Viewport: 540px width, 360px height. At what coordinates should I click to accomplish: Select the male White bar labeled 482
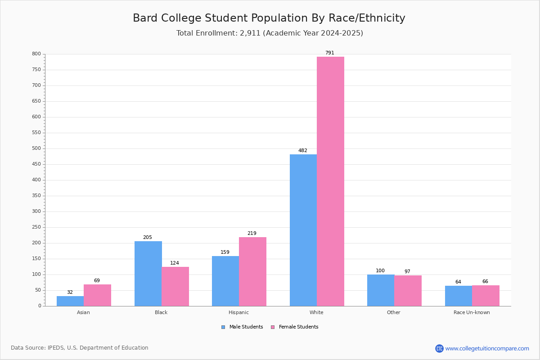pos(303,230)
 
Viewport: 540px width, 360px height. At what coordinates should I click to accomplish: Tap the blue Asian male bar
pos(70,301)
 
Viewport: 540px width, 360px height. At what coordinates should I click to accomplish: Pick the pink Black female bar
pos(175,286)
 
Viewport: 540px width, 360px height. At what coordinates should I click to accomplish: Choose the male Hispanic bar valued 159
pos(225,281)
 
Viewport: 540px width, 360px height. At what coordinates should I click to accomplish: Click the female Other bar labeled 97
pos(408,291)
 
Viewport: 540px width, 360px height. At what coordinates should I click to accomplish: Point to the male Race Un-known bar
pos(459,296)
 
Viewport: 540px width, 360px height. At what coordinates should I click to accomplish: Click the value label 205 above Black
pos(148,238)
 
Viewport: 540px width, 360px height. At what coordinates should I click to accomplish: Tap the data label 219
pos(252,234)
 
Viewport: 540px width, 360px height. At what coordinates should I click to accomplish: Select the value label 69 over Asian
pos(97,281)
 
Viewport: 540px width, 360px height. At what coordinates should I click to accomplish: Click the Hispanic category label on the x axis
pos(238,312)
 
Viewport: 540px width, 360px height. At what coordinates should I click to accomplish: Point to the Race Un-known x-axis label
pos(472,312)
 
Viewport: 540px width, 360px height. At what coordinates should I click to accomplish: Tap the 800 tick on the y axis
pos(36,54)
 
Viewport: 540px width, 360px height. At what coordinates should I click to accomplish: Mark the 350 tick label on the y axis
pos(36,196)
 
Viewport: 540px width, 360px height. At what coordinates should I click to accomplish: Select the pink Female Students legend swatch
pos(273,327)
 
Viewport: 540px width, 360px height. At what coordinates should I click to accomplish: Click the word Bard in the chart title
pos(144,18)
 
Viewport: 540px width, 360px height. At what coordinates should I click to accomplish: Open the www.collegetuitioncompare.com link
pos(487,349)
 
